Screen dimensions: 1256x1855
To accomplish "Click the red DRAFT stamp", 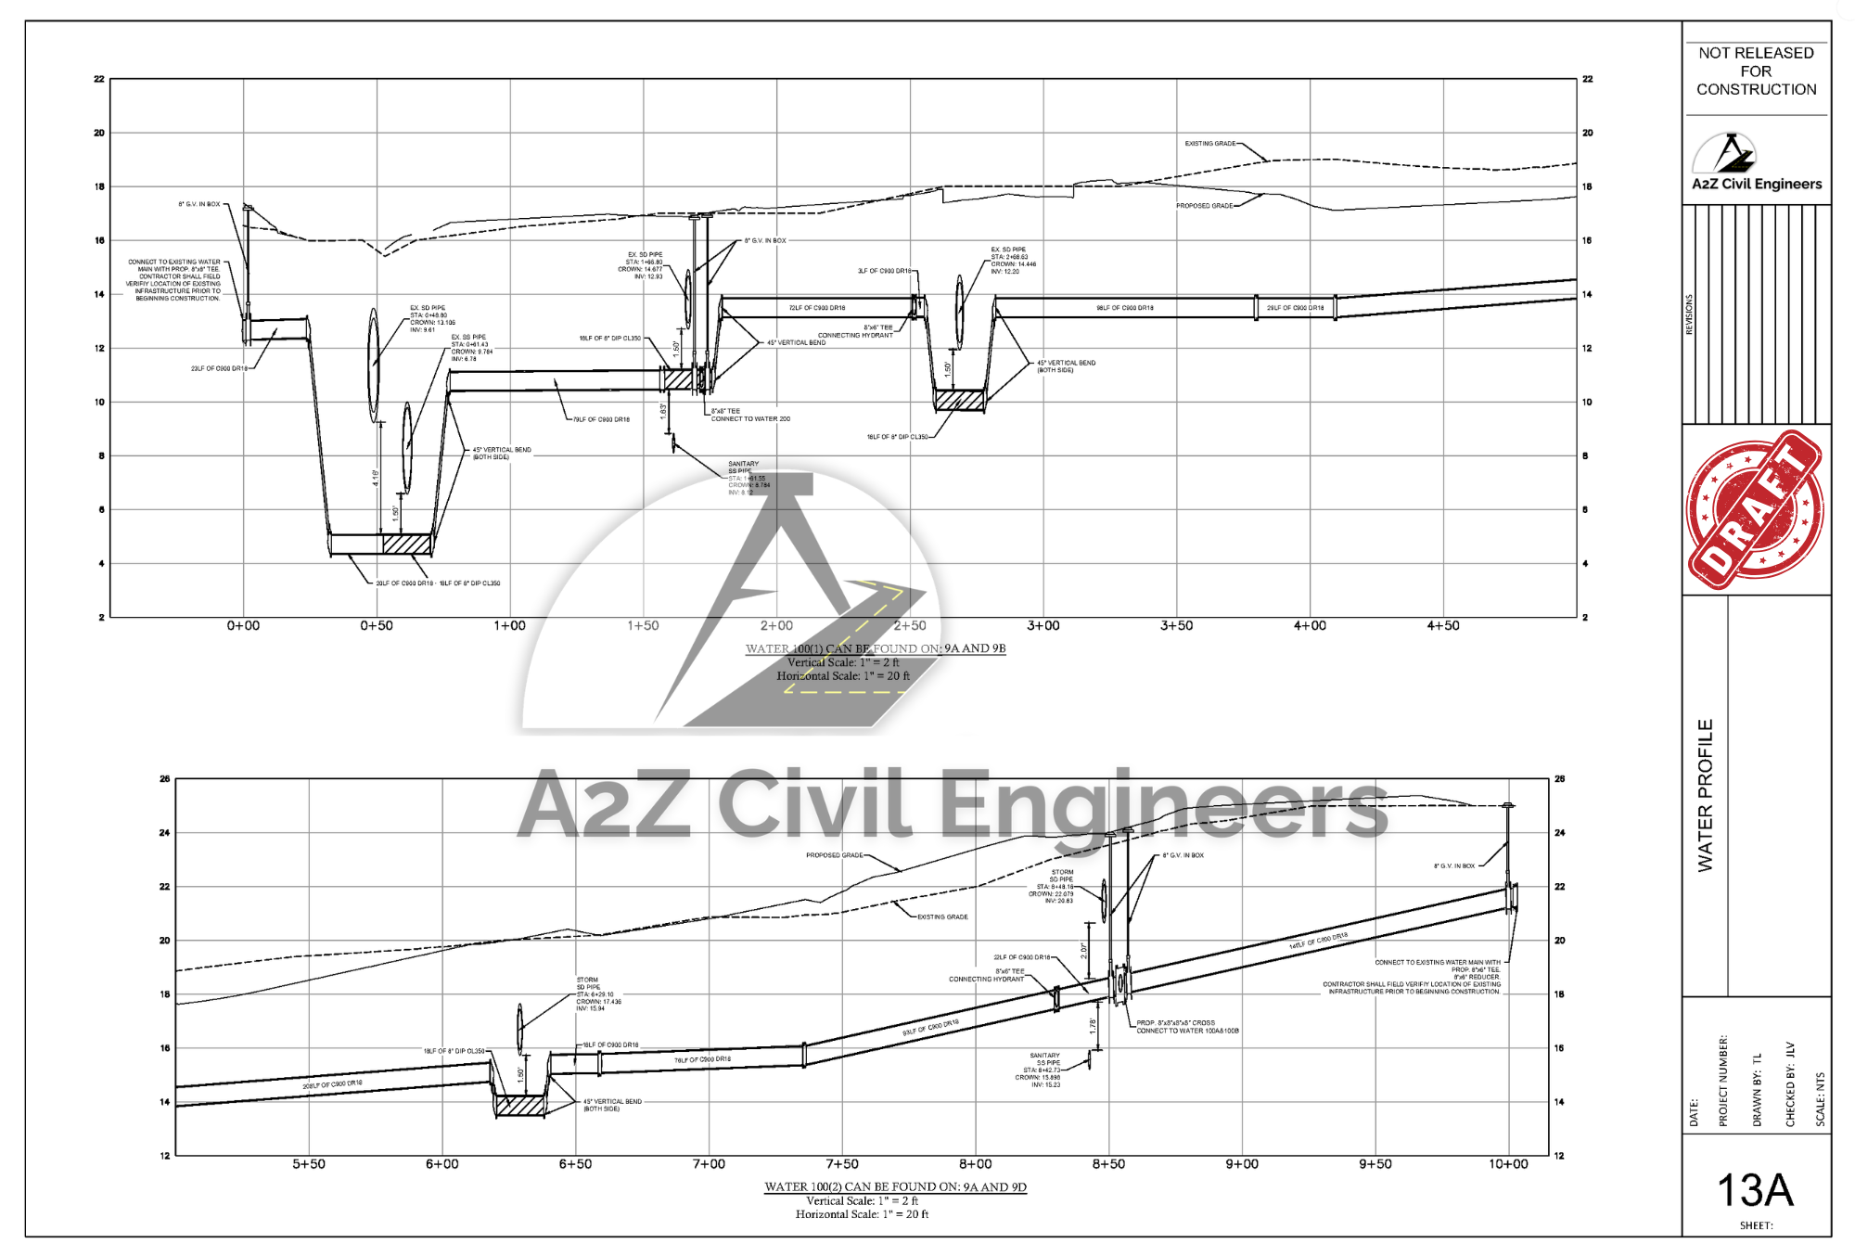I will pos(1755,509).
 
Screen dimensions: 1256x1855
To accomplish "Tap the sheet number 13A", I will pos(1755,1190).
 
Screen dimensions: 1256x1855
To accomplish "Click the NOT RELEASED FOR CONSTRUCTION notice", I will pos(1756,71).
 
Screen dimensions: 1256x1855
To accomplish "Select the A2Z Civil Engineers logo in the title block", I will pos(1756,163).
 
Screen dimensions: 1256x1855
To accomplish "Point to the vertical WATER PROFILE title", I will pos(1705,795).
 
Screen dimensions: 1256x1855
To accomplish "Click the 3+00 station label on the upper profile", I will pos(1043,626).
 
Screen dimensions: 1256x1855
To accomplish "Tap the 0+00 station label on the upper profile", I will pos(243,626).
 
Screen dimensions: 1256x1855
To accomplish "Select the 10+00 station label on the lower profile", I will pos(1508,1164).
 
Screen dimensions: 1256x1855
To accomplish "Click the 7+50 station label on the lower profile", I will pos(841,1164).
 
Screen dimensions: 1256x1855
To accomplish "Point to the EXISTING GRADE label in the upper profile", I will pos(1209,144).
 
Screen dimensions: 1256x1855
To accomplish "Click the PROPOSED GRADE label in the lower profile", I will pos(834,855).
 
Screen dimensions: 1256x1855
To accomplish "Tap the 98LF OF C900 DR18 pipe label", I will pos(1125,308).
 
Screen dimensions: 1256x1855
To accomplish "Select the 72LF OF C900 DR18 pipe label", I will pos(816,308).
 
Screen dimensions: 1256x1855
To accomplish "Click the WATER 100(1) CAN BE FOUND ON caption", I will pos(876,648).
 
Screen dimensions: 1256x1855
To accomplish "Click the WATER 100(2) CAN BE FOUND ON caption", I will pos(895,1186).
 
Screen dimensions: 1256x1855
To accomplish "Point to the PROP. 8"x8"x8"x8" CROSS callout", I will pos(1176,1023).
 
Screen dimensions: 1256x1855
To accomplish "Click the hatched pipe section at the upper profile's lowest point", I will pos(407,544).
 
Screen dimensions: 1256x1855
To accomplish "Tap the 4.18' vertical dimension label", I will pos(376,478).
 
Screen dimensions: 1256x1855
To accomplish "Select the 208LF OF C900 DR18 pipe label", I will pos(332,1083).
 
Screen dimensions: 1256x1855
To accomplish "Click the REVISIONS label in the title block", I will pos(1689,314).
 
